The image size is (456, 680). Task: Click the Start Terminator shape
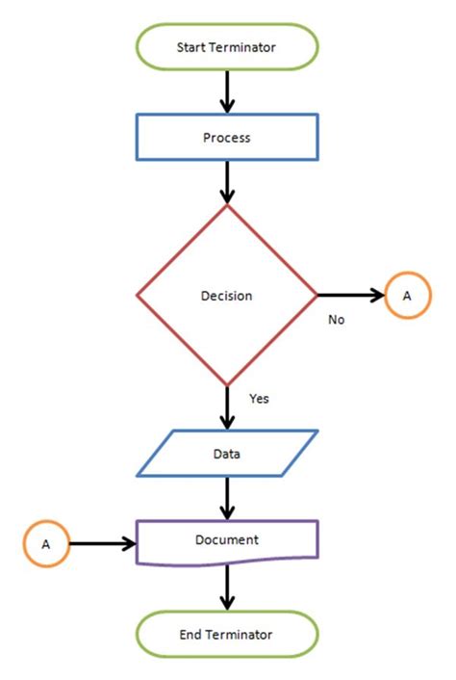227,46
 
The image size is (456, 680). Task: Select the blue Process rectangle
227,138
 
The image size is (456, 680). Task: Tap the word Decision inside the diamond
227,296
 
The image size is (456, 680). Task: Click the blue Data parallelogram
227,453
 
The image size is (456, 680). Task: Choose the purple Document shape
227,541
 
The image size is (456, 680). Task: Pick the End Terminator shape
227,634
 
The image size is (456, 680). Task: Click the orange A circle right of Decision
406,296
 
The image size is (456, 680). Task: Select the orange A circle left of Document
45,544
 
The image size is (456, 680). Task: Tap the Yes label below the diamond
259,398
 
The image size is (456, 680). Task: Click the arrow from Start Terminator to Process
227,92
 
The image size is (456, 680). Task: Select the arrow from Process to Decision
227,182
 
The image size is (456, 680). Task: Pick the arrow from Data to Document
227,498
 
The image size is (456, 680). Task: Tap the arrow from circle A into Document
102,544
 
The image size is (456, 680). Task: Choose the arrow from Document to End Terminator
227,587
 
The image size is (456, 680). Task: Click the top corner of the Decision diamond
227,205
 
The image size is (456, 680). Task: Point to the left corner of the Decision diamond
139,296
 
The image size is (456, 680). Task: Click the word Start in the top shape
190,46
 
